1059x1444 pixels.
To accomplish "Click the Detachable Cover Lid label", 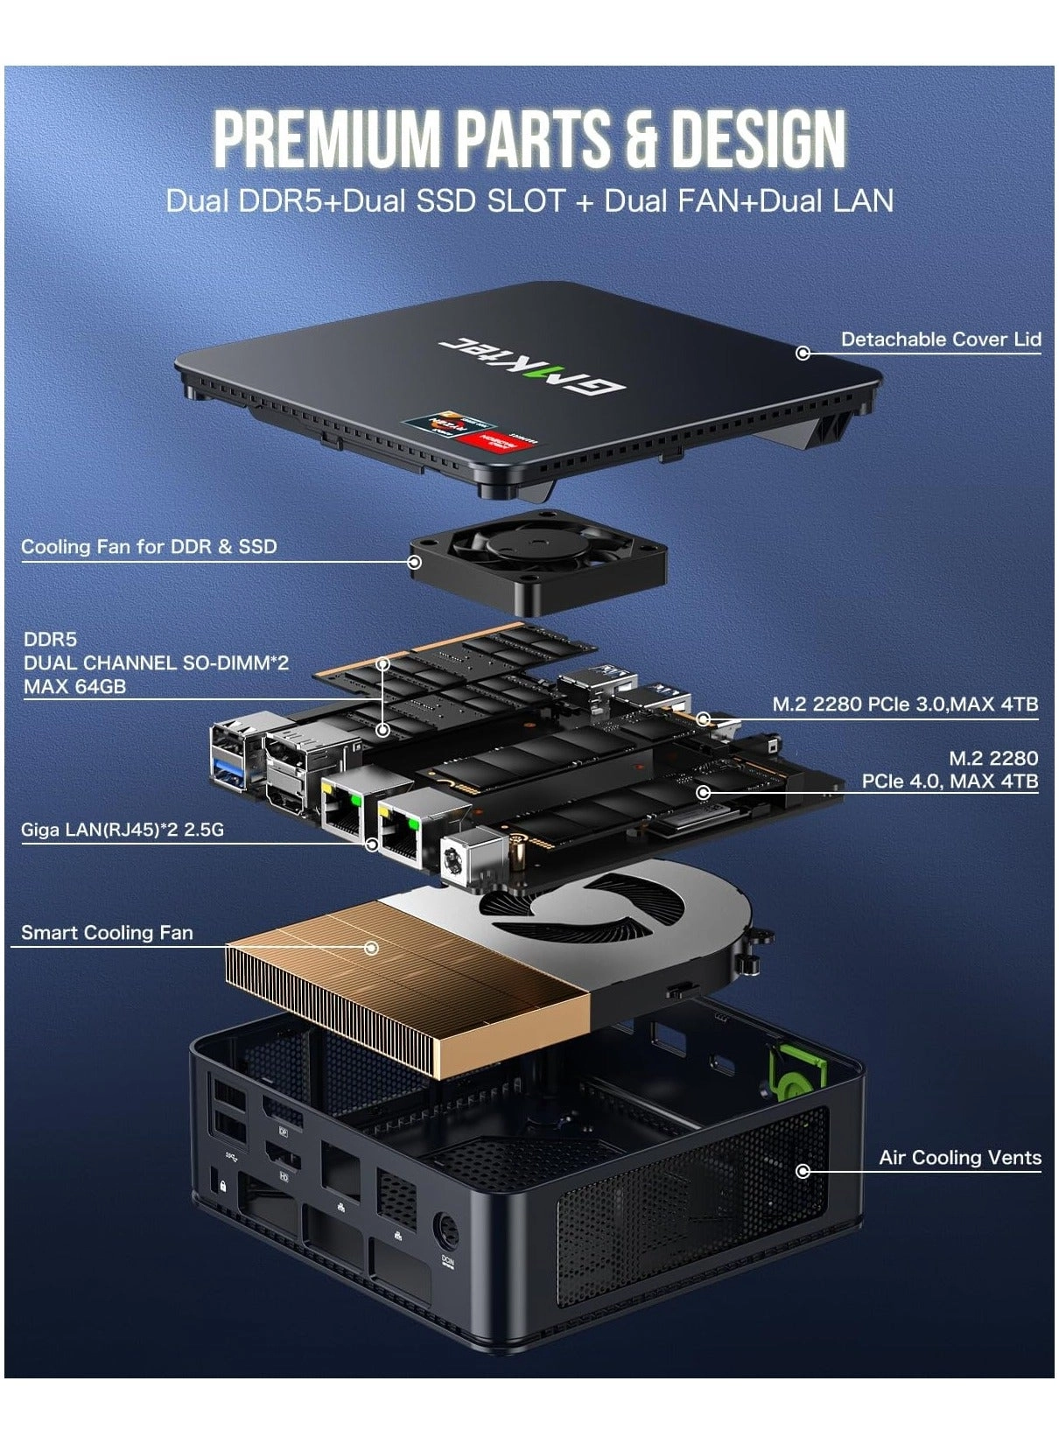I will [x=940, y=340].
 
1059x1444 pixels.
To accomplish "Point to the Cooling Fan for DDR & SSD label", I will [x=149, y=547].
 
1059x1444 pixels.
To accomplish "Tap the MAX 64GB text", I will [x=74, y=687].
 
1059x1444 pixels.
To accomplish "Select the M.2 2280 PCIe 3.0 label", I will [x=905, y=704].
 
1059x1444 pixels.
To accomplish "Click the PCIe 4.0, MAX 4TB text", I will [x=950, y=782].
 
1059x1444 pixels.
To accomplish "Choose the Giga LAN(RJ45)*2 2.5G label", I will [x=123, y=829].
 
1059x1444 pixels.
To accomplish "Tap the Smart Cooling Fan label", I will [x=107, y=933].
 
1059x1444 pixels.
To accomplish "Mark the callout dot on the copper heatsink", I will [x=372, y=948].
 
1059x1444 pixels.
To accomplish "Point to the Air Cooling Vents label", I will [x=960, y=1158].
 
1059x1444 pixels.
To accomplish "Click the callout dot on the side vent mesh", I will [x=803, y=1171].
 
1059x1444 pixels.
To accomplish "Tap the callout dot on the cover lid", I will [x=803, y=353].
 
